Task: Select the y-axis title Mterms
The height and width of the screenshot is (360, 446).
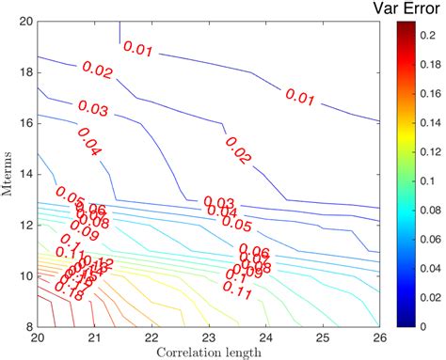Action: tap(8, 173)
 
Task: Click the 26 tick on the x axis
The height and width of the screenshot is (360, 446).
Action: tap(381, 336)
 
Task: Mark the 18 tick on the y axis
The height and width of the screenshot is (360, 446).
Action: tap(27, 71)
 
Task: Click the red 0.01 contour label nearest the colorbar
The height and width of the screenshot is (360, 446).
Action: tap(302, 97)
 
